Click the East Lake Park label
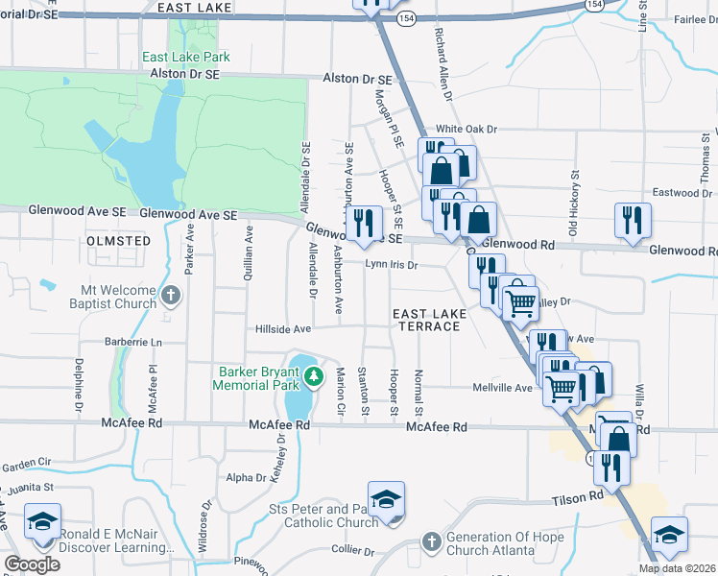[186, 58]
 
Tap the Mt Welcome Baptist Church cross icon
[170, 295]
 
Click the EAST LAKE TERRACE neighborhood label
[429, 320]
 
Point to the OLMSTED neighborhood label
[119, 241]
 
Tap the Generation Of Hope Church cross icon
[431, 541]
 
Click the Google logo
[32, 564]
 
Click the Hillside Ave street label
[283, 329]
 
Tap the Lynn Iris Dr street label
[392, 265]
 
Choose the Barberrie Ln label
[132, 342]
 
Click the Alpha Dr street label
[246, 477]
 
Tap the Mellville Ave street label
[502, 388]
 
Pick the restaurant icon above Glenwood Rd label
[633, 220]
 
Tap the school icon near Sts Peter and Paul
[386, 499]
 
